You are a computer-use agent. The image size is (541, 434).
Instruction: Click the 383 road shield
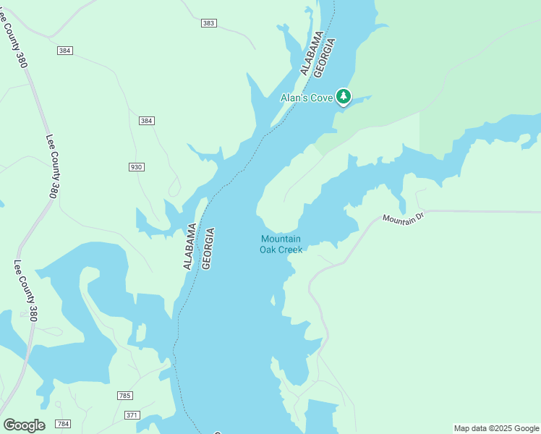pyautogui.click(x=208, y=23)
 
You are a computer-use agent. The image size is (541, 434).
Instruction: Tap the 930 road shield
pyautogui.click(x=136, y=167)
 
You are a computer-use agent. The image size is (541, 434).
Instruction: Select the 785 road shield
pyautogui.click(x=124, y=396)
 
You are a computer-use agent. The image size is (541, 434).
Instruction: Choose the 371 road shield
pyautogui.click(x=132, y=414)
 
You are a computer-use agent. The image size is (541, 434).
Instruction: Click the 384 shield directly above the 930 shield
pyautogui.click(x=147, y=121)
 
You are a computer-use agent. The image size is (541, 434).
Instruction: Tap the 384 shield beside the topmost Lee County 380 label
pyautogui.click(x=65, y=50)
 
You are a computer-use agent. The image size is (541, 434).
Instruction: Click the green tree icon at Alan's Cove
pyautogui.click(x=344, y=96)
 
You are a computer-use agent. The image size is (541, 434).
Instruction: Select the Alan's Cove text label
pyautogui.click(x=307, y=98)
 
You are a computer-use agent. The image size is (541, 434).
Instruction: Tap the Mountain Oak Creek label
pyautogui.click(x=281, y=244)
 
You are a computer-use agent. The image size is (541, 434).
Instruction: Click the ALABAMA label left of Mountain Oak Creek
pyautogui.click(x=189, y=246)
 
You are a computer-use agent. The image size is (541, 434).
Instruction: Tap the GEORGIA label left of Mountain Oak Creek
pyautogui.click(x=208, y=249)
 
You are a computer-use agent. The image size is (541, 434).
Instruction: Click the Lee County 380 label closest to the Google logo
pyautogui.click(x=26, y=290)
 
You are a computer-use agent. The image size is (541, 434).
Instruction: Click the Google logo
pyautogui.click(x=24, y=425)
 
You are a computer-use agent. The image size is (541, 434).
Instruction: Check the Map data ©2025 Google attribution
pyautogui.click(x=495, y=428)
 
